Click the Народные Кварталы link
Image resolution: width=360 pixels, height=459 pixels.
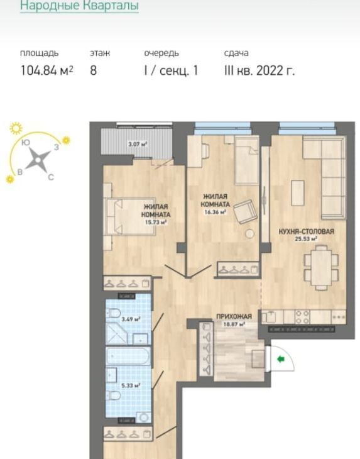pos(79,5)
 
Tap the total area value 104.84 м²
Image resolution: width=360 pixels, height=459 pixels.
pos(46,70)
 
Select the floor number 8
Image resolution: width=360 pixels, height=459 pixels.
pos(93,70)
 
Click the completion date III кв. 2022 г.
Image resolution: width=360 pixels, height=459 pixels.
pos(259,70)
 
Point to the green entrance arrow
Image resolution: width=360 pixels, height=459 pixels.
pos(281,359)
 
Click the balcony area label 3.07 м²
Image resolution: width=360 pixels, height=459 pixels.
pos(138,144)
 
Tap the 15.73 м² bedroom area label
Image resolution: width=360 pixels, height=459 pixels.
pos(156,222)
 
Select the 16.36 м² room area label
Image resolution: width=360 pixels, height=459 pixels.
pos(215,212)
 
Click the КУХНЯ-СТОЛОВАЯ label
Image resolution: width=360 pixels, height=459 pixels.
pos(306,231)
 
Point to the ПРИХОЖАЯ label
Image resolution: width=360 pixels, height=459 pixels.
pos(234,316)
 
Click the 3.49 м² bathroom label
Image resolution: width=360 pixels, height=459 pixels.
pos(131,319)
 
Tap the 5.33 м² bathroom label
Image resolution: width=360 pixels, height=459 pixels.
pos(131,385)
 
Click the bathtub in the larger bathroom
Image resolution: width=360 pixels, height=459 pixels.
pos(128,356)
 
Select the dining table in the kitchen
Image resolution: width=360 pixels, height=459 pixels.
pos(321,268)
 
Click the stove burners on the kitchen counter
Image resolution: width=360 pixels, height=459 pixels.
pos(302,317)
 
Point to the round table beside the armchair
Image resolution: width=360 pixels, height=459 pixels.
pos(250,234)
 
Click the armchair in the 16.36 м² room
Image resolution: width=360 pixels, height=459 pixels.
pos(246,211)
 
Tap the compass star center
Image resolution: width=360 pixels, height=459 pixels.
pos(38,160)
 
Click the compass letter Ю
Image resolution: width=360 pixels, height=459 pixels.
pos(26,143)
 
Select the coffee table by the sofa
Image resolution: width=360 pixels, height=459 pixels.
pos(298,193)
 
